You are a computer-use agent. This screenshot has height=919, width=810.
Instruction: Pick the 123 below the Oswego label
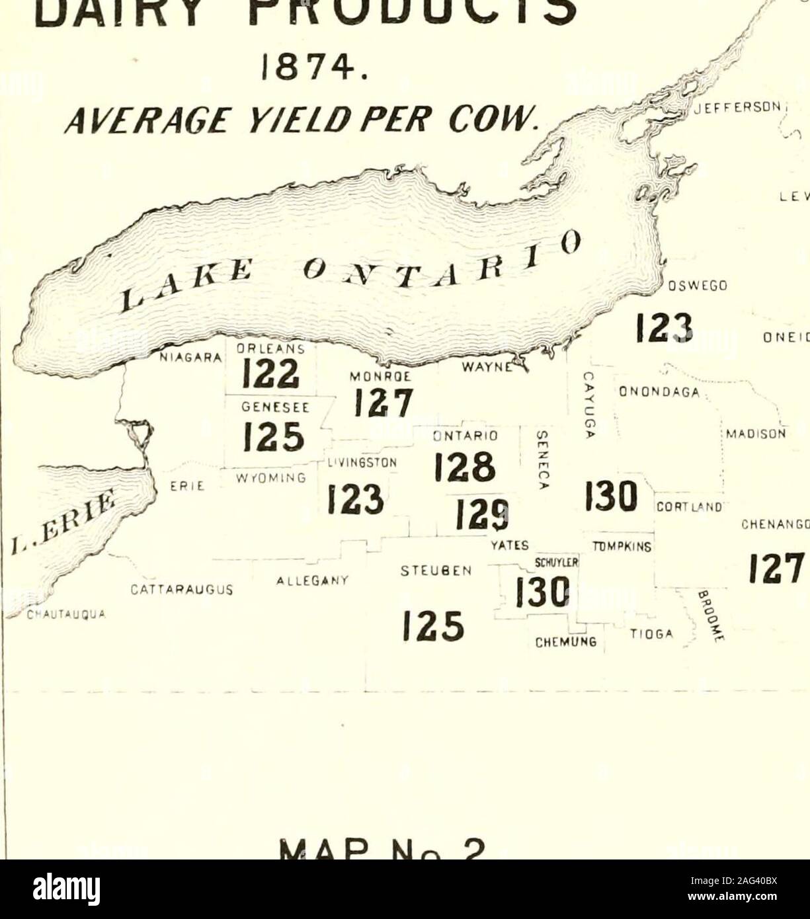(x=663, y=327)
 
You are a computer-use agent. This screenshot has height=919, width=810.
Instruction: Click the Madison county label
(x=754, y=434)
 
